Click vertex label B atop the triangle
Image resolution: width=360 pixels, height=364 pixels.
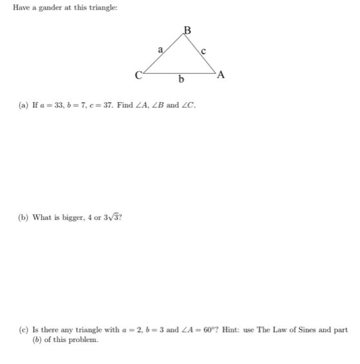[188, 28]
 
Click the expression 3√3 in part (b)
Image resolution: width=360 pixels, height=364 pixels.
[115, 216]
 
